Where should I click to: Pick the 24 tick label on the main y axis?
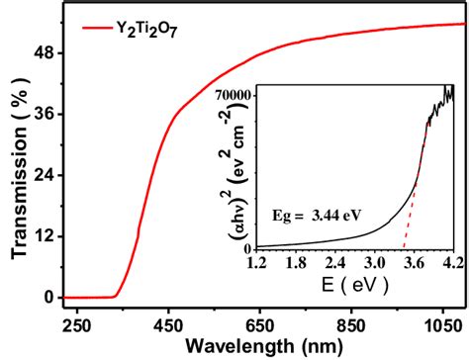click(x=44, y=175)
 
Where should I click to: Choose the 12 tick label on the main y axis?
click(x=44, y=236)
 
